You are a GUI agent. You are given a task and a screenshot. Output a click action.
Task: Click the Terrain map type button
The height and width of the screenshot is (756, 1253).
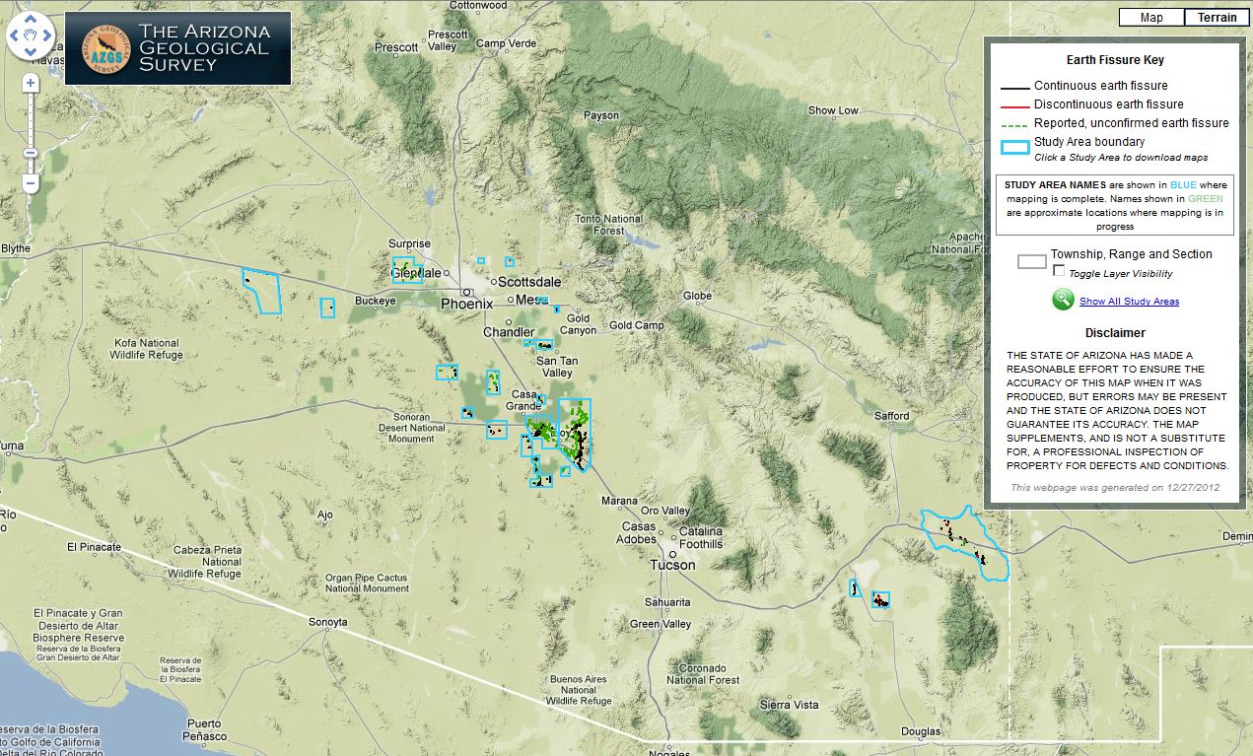coord(1217,17)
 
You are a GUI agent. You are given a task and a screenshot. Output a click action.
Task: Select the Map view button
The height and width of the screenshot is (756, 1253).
coord(1150,17)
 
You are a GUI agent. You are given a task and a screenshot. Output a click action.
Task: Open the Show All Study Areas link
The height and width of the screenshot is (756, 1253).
coord(1129,302)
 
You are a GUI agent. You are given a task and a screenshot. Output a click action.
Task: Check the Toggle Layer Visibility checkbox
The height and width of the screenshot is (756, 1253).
coord(1059,270)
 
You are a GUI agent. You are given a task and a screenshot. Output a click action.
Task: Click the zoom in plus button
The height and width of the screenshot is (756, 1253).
coord(31,84)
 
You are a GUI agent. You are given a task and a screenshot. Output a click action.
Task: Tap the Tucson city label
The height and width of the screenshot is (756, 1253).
coord(672,565)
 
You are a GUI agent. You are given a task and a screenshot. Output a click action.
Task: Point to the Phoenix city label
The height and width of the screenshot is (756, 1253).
coord(466,304)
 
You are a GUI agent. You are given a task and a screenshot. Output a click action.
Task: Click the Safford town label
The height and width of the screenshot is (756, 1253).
coord(892,416)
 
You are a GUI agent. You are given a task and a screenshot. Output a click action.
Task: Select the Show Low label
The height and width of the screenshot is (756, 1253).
coord(833,110)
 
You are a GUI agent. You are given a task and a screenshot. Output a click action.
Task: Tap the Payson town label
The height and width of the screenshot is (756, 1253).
coord(601,115)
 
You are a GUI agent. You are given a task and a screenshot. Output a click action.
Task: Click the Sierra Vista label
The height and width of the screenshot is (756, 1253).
coord(789,705)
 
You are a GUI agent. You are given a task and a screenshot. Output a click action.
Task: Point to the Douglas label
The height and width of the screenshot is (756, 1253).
coord(921,731)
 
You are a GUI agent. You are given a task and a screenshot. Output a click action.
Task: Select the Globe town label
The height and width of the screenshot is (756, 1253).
coord(697,296)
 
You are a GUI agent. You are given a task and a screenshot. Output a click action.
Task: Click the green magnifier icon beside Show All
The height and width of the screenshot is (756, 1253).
coord(1063,300)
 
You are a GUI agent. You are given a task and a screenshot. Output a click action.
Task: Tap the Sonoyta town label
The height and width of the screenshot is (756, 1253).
coord(328,622)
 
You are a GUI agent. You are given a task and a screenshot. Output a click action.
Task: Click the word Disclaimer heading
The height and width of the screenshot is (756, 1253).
coord(1115,333)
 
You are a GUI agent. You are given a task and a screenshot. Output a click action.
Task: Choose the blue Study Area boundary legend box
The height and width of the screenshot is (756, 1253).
coord(1014,147)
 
